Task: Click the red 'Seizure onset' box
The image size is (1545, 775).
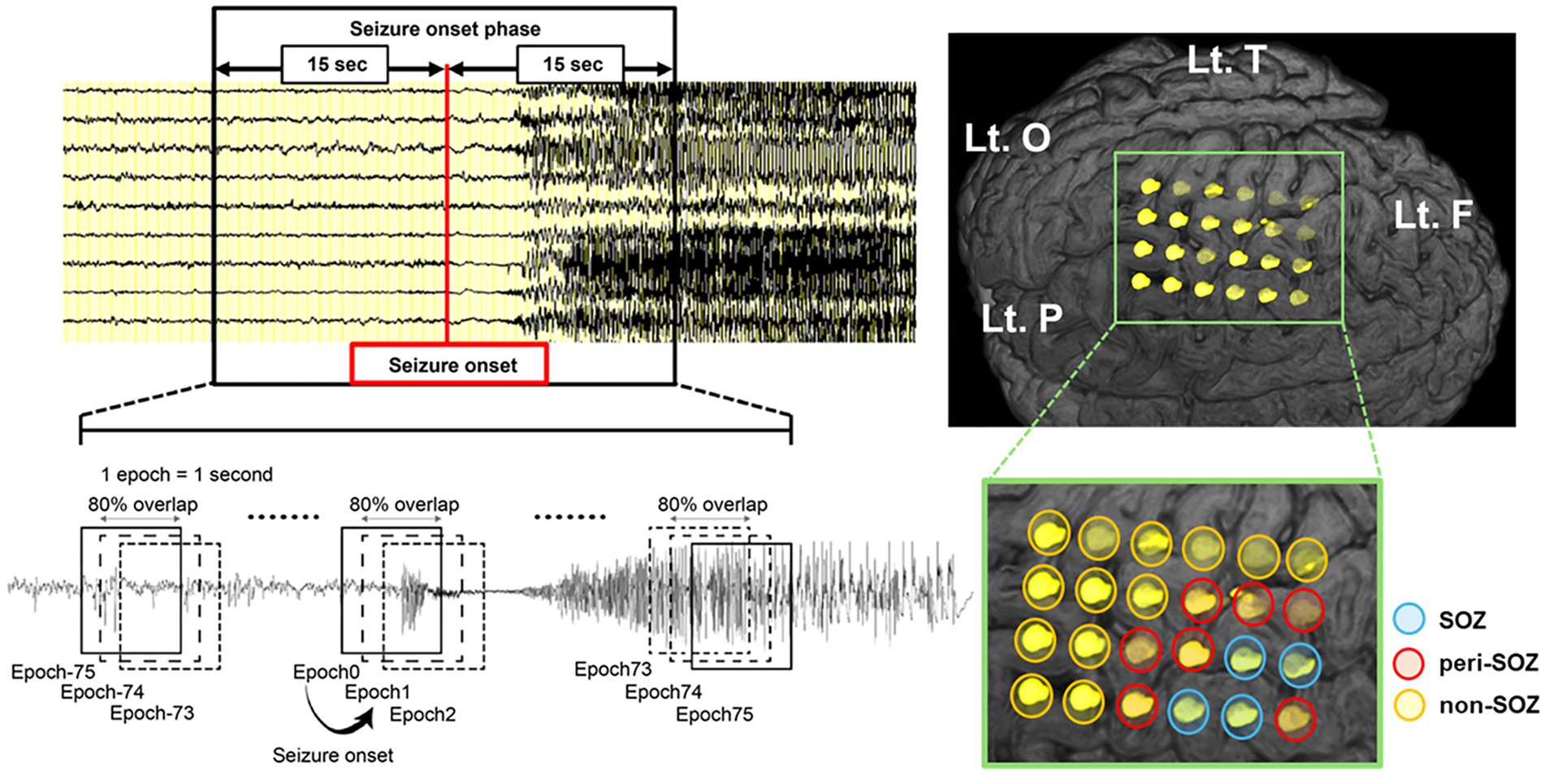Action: (449, 364)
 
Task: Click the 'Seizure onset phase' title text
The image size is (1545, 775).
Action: (444, 29)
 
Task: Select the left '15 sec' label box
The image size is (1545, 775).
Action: (335, 64)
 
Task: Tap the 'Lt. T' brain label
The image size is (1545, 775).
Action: (1227, 59)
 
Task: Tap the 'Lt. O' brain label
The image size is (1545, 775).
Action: (1007, 139)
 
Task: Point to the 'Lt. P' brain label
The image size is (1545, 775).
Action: (1022, 318)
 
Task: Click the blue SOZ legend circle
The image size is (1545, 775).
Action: (1409, 620)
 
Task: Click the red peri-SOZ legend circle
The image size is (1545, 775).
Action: (1409, 663)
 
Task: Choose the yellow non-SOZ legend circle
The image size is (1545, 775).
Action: (1409, 705)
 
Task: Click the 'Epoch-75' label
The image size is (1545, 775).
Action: (53, 672)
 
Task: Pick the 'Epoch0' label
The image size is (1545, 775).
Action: (327, 672)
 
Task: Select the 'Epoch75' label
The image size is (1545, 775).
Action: (714, 715)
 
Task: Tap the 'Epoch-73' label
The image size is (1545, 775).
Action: (152, 713)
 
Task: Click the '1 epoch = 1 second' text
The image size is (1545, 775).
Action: (187, 474)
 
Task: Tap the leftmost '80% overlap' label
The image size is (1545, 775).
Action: (143, 504)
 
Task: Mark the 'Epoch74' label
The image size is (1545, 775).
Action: (663, 692)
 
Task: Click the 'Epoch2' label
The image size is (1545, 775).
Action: (422, 715)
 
